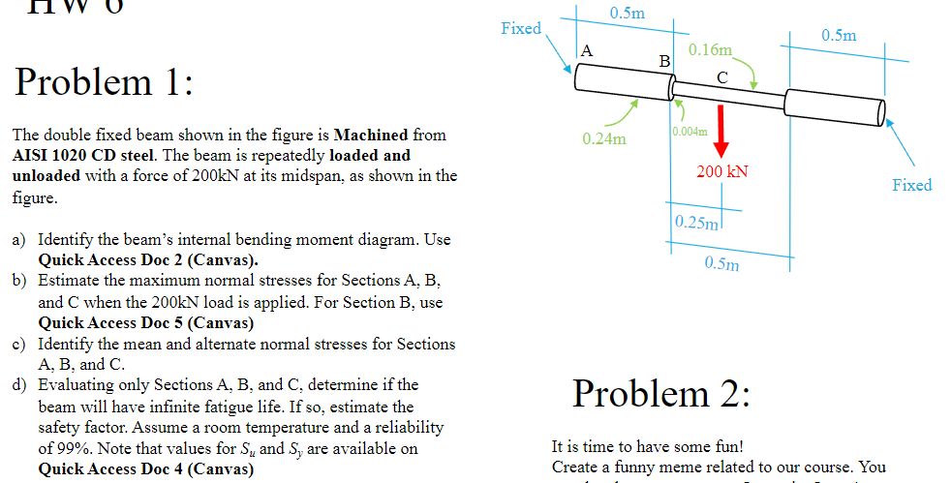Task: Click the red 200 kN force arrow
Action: (721, 136)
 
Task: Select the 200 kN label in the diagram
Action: (722, 172)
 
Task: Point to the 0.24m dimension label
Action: (603, 139)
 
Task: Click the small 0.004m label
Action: (689, 131)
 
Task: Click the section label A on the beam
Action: (588, 51)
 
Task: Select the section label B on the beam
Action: (664, 62)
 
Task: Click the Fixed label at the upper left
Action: (521, 28)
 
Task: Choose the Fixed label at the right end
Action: (911, 185)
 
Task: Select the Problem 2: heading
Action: (660, 393)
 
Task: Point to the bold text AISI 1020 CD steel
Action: (72, 155)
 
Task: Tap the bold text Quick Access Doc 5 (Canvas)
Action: (146, 323)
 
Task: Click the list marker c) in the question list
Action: (18, 345)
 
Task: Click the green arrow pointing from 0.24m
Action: (620, 112)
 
